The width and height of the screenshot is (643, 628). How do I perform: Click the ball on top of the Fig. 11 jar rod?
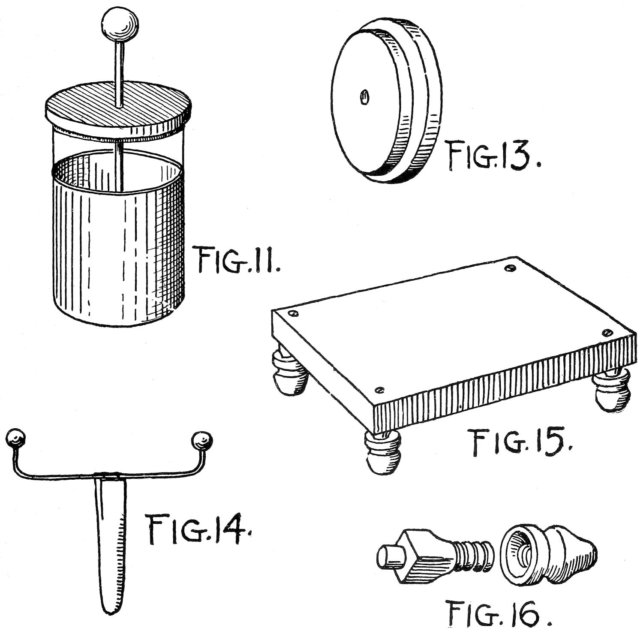120,24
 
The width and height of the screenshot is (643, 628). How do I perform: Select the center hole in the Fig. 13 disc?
364,97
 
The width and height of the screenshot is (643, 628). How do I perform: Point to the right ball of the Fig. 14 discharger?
201,441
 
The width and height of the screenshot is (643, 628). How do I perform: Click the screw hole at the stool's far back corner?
509,268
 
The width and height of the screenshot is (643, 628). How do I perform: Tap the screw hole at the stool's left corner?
294,314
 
